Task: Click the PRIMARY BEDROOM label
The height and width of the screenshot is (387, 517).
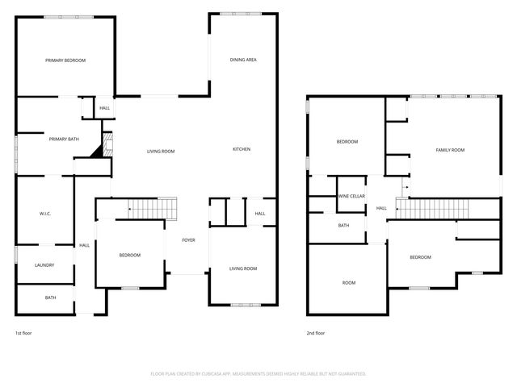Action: (65, 60)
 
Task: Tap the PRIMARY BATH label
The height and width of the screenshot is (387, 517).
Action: (63, 139)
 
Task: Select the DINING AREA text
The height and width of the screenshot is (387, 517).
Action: (243, 60)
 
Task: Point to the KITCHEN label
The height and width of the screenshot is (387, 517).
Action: (242, 149)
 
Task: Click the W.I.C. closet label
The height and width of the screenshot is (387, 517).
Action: (45, 214)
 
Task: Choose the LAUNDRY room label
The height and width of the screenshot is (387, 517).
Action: (44, 265)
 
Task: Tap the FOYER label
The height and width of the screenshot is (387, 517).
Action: (188, 239)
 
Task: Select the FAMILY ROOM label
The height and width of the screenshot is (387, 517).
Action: (450, 150)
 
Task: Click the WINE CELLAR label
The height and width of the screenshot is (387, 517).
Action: (351, 196)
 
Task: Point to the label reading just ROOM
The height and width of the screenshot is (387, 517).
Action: (349, 283)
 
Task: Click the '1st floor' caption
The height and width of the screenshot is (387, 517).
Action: (24, 333)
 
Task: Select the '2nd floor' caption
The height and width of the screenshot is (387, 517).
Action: (315, 333)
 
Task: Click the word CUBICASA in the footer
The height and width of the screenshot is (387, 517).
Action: (221, 373)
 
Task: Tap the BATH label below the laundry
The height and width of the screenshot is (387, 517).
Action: (50, 298)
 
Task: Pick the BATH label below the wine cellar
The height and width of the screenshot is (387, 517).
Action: (344, 226)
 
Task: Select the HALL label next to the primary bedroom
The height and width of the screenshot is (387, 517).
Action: (105, 108)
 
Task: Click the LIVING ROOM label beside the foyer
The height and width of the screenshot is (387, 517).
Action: (242, 268)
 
